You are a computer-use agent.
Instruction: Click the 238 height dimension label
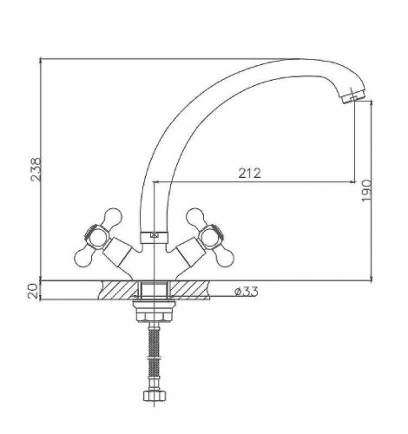36,169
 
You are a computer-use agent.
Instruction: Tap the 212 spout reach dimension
249,173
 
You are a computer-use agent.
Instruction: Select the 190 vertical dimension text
366,190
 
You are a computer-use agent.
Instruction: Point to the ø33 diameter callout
247,292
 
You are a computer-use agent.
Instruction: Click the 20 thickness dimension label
34,291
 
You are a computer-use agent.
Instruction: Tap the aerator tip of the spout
352,97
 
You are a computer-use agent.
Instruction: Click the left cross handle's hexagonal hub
96,237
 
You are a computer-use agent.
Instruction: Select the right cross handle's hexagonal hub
212,237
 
